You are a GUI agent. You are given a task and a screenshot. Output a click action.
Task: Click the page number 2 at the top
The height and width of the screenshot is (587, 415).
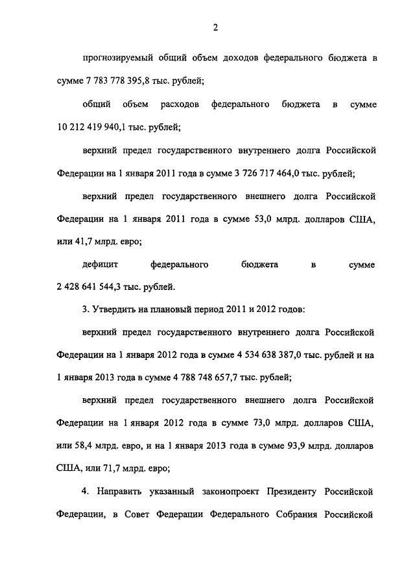coord(214,27)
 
